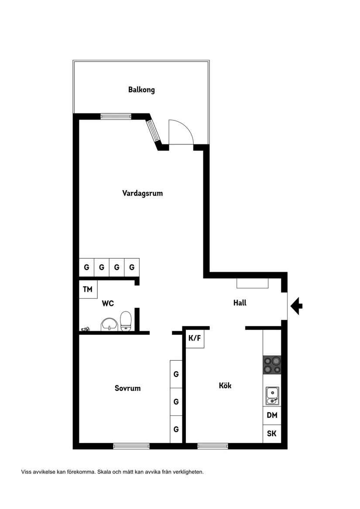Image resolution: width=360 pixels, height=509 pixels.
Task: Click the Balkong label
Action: pos(141,90)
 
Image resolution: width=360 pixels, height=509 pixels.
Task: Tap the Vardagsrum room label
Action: pos(142,193)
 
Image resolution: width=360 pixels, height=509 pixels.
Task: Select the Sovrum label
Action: pos(127,388)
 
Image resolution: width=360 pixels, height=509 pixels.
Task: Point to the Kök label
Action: pos(225,386)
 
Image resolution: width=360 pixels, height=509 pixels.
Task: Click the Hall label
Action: pos(240,303)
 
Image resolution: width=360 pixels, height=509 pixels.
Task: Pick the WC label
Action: pos(108,303)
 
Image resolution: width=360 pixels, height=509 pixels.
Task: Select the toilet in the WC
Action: pos(126,321)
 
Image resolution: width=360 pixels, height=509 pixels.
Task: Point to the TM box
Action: pos(88,289)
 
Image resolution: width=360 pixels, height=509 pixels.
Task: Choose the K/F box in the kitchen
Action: pos(195,338)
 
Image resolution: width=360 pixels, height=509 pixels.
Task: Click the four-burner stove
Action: pos(272,365)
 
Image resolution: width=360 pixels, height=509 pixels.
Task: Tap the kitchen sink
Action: pos(272,396)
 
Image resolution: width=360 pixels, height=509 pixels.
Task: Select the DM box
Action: pos(272,415)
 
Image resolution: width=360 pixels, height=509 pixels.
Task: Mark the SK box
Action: pos(272,434)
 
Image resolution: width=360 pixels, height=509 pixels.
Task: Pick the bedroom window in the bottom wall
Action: pos(131,446)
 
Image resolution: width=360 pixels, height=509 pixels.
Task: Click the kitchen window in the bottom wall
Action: pos(213,446)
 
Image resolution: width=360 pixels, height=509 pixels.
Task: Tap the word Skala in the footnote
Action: pos(104,471)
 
